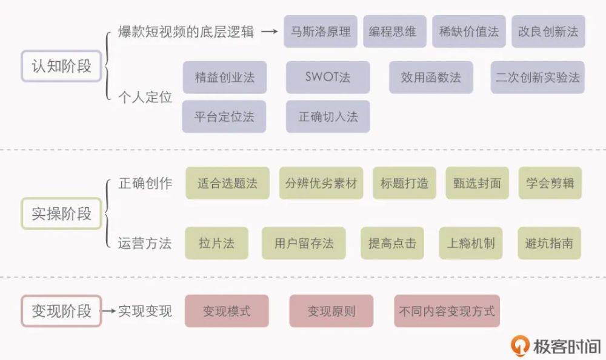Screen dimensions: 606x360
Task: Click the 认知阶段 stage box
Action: pyautogui.click(x=61, y=66)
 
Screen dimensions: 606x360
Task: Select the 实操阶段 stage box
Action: pyautogui.click(x=61, y=213)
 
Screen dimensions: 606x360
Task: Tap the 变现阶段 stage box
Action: pyautogui.click(x=61, y=311)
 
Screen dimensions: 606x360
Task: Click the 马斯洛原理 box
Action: pyautogui.click(x=321, y=32)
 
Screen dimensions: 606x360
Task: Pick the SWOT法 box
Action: pyautogui.click(x=328, y=77)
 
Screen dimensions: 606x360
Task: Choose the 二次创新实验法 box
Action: pyautogui.click(x=538, y=77)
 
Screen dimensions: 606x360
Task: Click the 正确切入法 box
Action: pyautogui.click(x=328, y=116)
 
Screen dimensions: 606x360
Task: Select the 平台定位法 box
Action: pyautogui.click(x=224, y=116)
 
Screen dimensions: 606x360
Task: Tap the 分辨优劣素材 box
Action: pyautogui.click(x=321, y=183)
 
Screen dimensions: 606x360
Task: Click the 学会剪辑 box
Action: pyautogui.click(x=550, y=183)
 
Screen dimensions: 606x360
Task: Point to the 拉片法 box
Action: pyautogui.click(x=216, y=243)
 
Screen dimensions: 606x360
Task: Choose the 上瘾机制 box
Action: pyautogui.click(x=471, y=243)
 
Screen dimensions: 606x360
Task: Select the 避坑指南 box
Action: pyautogui.click(x=549, y=243)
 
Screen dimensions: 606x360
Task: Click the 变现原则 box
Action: pyautogui.click(x=331, y=311)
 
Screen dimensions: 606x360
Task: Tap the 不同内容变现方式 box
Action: pyautogui.click(x=447, y=311)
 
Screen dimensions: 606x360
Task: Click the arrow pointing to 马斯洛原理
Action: pyautogui.click(x=270, y=32)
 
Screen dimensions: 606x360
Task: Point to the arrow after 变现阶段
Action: pyautogui.click(x=108, y=310)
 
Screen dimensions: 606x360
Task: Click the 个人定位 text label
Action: pyautogui.click(x=145, y=97)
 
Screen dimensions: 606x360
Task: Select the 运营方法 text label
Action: pyautogui.click(x=145, y=243)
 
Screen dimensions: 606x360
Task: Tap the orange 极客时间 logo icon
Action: pyautogui.click(x=520, y=345)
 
